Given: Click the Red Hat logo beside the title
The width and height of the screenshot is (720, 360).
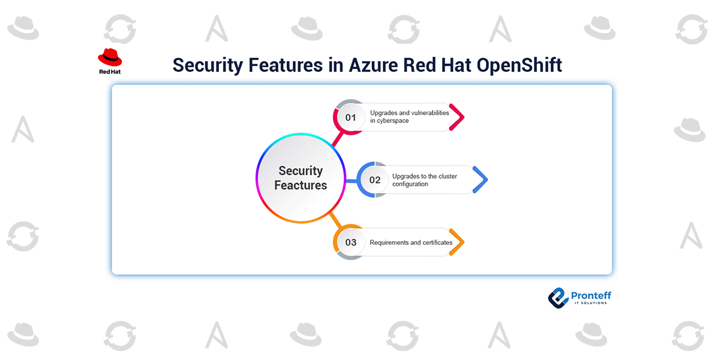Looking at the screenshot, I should [x=110, y=61].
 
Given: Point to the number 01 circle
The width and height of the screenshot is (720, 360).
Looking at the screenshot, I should [x=350, y=118].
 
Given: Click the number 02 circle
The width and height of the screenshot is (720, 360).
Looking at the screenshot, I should [x=374, y=180].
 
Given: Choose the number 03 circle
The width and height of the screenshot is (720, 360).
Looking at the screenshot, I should [x=350, y=242].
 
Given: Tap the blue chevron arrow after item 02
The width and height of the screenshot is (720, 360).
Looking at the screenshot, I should [x=481, y=180].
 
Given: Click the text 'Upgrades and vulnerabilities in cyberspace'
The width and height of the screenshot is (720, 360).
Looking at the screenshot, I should [x=409, y=116].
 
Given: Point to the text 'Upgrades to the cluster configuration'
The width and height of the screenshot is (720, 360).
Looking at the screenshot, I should [x=424, y=180].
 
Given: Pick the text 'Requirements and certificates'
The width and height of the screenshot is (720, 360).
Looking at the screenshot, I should [x=410, y=242].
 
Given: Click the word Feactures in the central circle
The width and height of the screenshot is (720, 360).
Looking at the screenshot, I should [x=301, y=185].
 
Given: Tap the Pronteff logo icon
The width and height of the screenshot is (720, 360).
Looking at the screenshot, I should [x=558, y=297].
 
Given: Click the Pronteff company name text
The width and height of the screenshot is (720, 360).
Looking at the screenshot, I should [x=591, y=295].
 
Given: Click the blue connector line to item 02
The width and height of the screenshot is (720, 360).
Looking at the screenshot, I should [x=352, y=180].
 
